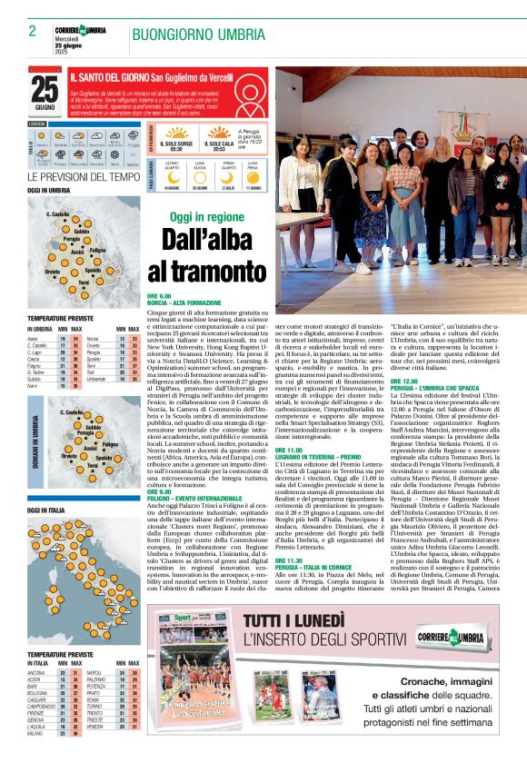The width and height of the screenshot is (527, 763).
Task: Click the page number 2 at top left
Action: point(32,31)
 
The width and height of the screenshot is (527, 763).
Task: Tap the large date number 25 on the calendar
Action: point(45,88)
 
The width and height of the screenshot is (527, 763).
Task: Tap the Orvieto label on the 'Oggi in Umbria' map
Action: point(52,271)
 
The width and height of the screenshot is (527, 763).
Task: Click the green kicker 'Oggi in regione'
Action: point(206,217)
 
